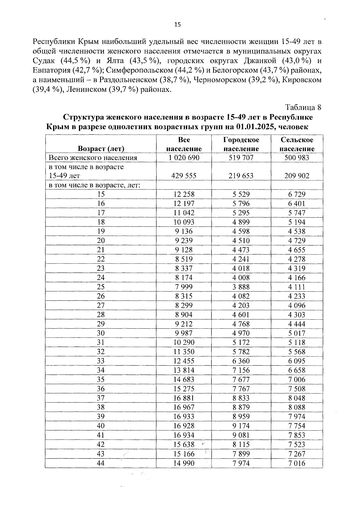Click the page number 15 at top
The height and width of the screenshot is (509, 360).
(178, 25)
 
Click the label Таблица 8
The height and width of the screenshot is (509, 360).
(303, 107)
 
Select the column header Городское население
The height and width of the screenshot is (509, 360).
(241, 144)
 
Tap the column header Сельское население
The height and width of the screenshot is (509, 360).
(297, 144)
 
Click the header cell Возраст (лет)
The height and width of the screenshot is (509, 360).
(101, 149)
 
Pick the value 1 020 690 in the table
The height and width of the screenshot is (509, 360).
(184, 158)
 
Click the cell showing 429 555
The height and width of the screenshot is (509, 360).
(184, 176)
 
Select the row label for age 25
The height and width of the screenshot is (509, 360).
(101, 287)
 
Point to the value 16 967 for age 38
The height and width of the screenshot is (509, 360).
(184, 407)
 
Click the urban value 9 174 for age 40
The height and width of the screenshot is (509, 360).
(241, 426)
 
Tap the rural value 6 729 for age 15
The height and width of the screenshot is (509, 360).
(297, 194)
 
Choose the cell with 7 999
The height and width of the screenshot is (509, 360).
(184, 287)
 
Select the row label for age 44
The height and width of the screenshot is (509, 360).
(101, 463)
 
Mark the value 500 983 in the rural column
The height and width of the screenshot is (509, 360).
(297, 158)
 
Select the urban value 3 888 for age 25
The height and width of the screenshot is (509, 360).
(241, 287)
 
